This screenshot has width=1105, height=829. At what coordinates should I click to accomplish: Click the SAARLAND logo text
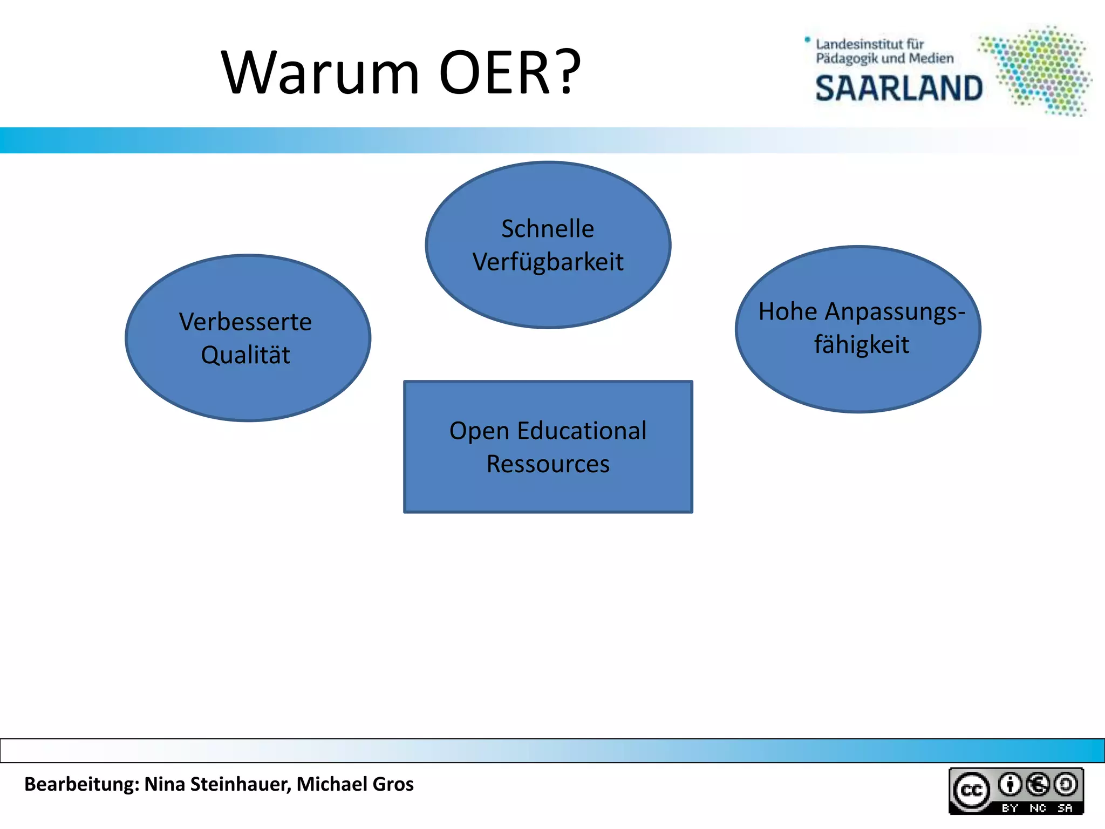899,89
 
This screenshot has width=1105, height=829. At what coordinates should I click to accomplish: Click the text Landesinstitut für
870,44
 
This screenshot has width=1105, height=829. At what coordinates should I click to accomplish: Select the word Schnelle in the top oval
548,229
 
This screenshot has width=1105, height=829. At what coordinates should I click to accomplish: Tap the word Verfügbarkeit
548,262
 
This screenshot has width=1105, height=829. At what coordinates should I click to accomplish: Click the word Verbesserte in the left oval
245,322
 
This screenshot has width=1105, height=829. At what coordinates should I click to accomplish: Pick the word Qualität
245,355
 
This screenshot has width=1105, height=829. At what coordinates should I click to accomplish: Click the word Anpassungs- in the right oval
895,312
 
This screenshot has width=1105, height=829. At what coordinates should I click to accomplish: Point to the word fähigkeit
862,345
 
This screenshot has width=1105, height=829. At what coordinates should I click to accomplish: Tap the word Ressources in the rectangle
548,464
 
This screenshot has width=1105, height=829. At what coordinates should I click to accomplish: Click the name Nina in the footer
165,784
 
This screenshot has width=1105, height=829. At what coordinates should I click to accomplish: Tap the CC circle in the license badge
972,791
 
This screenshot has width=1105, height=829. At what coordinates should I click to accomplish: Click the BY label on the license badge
1009,808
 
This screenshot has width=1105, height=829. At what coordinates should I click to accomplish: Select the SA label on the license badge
1065,808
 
